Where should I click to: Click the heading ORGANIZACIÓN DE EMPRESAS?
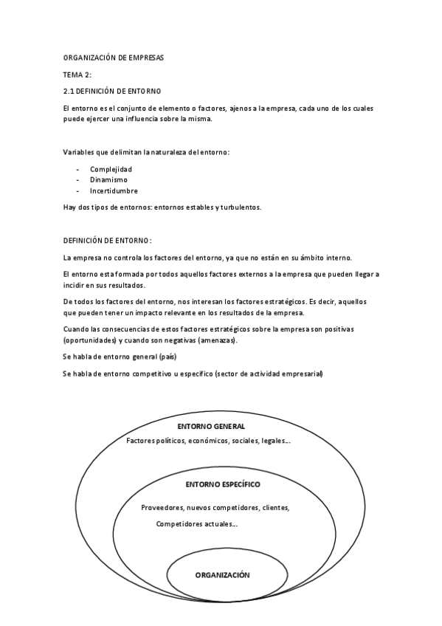(114, 58)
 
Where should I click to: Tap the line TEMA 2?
(77, 75)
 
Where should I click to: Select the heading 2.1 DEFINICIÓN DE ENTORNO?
(112, 91)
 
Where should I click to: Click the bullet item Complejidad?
(111, 169)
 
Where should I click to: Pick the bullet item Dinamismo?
(108, 179)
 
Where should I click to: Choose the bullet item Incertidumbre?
(114, 190)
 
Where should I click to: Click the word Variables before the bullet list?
(80, 152)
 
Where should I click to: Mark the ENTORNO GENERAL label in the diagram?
(211, 427)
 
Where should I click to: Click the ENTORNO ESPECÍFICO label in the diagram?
(223, 484)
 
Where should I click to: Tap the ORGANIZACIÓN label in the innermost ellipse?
(223, 574)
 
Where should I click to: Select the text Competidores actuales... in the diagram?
(197, 524)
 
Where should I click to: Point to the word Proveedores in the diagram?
(162, 508)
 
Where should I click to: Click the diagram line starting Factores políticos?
(208, 441)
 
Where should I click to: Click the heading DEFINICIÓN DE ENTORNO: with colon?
(108, 241)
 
